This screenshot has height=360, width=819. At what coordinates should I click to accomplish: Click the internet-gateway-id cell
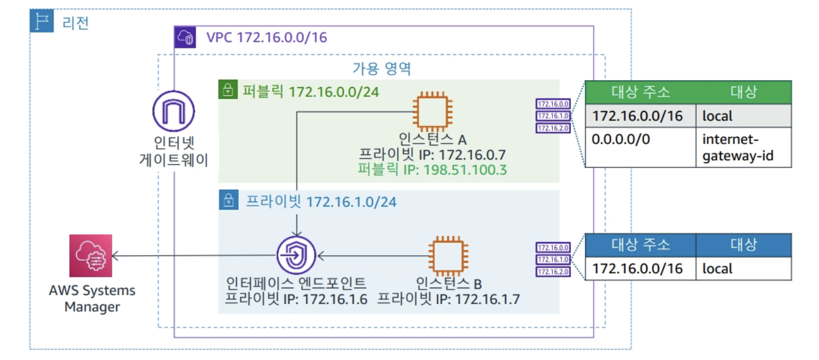(743, 147)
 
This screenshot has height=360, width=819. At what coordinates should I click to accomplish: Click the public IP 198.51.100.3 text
(432, 170)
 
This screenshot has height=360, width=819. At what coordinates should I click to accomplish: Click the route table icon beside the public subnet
(552, 116)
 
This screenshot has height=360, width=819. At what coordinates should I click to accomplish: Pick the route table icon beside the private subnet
(552, 259)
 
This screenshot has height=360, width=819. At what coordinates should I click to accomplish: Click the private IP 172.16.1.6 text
(296, 298)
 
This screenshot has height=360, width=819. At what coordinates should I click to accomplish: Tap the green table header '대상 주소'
(641, 92)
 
